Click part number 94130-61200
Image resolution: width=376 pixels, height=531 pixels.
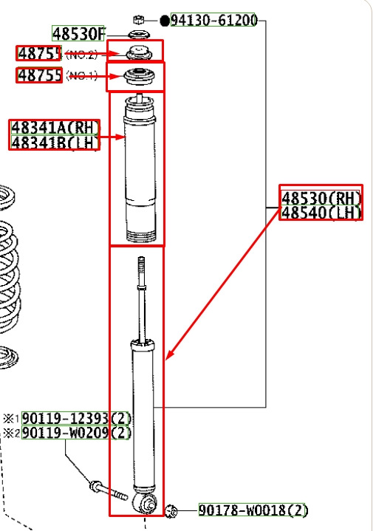tap(213, 20)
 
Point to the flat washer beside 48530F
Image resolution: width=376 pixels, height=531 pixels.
tap(137, 35)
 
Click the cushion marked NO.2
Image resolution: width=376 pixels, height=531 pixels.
tap(136, 52)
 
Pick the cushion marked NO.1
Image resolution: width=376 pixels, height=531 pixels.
tap(136, 75)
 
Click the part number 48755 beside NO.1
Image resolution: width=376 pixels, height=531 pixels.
tap(39, 75)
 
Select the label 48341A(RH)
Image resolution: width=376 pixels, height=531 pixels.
tap(55, 127)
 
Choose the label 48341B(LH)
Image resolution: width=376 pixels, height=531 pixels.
tap(55, 142)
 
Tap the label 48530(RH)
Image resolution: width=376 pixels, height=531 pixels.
tap(321, 197)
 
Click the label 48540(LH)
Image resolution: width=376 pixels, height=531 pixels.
tap(321, 213)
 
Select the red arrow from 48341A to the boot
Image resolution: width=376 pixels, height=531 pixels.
tap(112, 137)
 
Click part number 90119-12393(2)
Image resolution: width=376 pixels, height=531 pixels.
tap(75, 418)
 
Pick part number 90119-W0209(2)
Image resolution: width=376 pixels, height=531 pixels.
tap(75, 433)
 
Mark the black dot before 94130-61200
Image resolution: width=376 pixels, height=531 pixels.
tap(164, 21)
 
